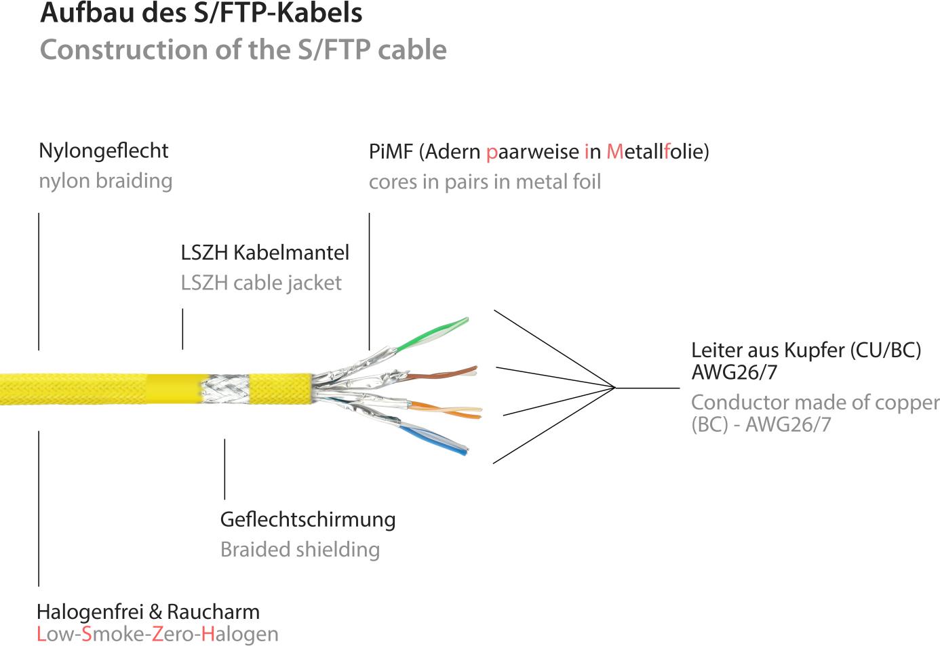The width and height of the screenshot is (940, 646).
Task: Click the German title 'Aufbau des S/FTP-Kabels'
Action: pos(201,14)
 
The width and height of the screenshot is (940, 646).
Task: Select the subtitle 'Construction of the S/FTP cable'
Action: pos(243,49)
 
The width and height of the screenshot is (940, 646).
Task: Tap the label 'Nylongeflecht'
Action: pos(103,150)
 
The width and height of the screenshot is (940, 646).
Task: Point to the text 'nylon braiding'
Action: pos(105,181)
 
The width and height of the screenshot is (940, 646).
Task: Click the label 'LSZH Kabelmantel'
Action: pos(265,253)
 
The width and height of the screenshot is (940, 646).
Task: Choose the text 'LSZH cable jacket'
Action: pos(261,283)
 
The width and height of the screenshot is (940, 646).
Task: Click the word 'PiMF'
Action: pos(391,151)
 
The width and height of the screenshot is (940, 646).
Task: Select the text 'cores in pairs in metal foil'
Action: pos(484,182)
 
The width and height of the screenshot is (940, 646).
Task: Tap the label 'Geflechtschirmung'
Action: pos(307,520)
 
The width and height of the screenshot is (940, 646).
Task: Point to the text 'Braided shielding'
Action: pos(299,549)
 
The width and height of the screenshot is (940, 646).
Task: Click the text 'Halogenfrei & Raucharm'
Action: pos(148,612)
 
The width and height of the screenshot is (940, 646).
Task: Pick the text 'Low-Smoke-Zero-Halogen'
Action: pos(157,634)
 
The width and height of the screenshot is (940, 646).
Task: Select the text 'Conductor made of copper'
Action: pos(815,402)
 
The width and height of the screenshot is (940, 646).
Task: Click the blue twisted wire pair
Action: pos(434,437)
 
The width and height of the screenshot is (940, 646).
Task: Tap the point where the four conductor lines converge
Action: pos(614,388)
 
